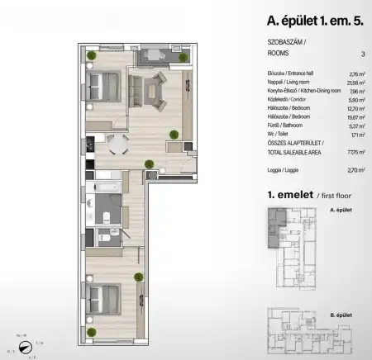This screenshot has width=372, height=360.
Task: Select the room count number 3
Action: coord(362,54)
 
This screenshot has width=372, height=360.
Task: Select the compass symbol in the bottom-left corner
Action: coord(31,344)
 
